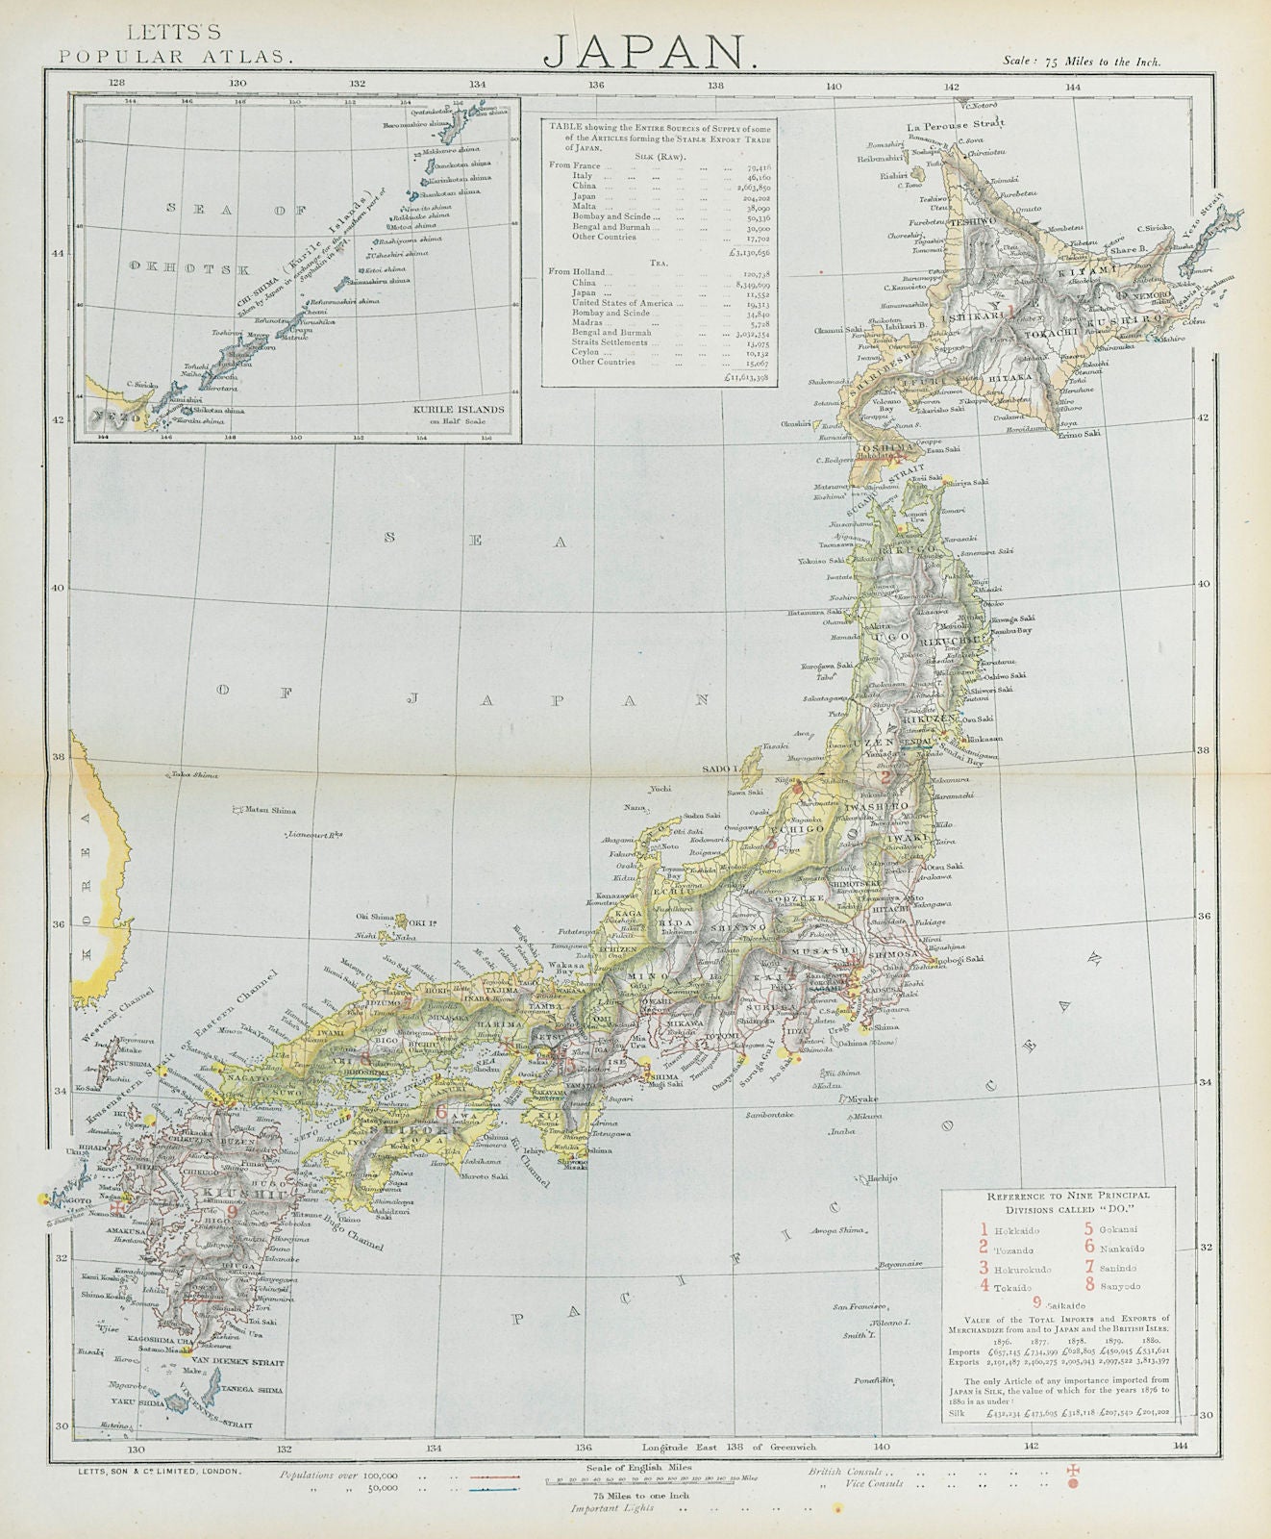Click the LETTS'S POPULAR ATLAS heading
point(173,46)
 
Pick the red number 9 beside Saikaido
point(1035,1303)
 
